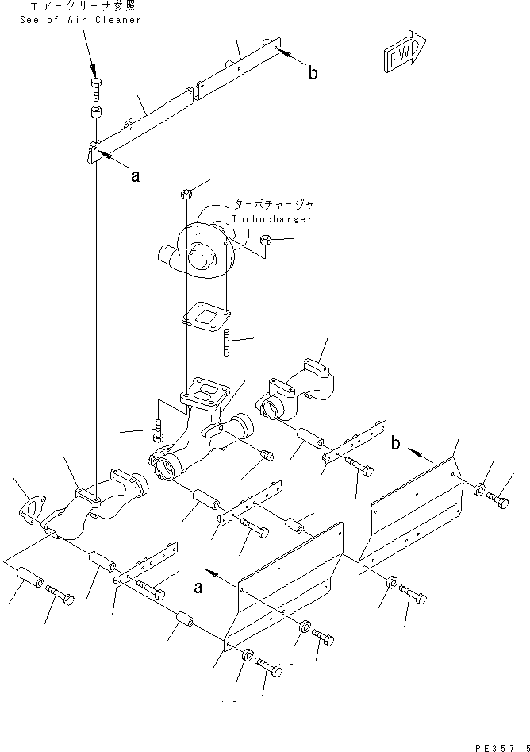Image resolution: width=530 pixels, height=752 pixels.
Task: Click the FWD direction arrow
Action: (x=405, y=55)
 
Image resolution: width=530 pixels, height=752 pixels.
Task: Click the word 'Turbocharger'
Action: (x=272, y=218)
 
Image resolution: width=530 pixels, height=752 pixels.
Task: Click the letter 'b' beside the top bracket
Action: (x=313, y=73)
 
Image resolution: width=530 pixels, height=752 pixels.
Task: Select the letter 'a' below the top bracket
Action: (x=135, y=177)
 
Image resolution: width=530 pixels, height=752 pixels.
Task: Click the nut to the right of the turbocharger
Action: (x=267, y=240)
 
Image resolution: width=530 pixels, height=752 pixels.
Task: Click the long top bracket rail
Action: (x=182, y=103)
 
